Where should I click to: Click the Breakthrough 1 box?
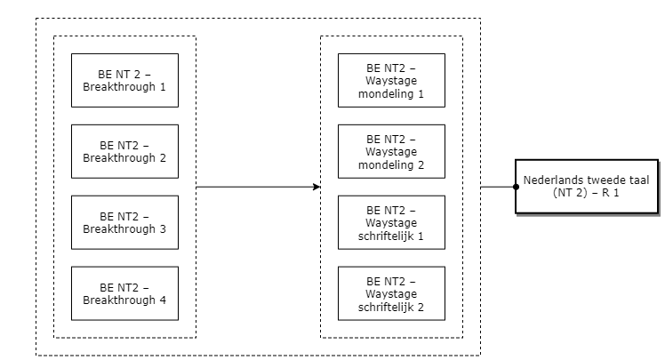(x=124, y=80)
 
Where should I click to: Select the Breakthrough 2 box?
(x=124, y=151)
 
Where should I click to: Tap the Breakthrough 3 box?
(x=124, y=222)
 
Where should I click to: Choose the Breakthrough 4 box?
(x=124, y=293)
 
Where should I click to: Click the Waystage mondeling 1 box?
(x=391, y=80)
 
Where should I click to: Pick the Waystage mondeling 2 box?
(x=391, y=151)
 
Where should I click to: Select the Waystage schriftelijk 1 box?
(x=391, y=222)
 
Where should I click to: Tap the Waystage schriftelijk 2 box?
(x=391, y=293)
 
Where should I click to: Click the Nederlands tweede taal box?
(x=587, y=187)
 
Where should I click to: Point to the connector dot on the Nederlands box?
(x=517, y=187)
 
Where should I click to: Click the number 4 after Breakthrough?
(x=163, y=300)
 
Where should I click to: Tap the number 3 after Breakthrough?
(x=163, y=229)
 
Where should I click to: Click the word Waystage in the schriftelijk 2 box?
(x=391, y=294)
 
